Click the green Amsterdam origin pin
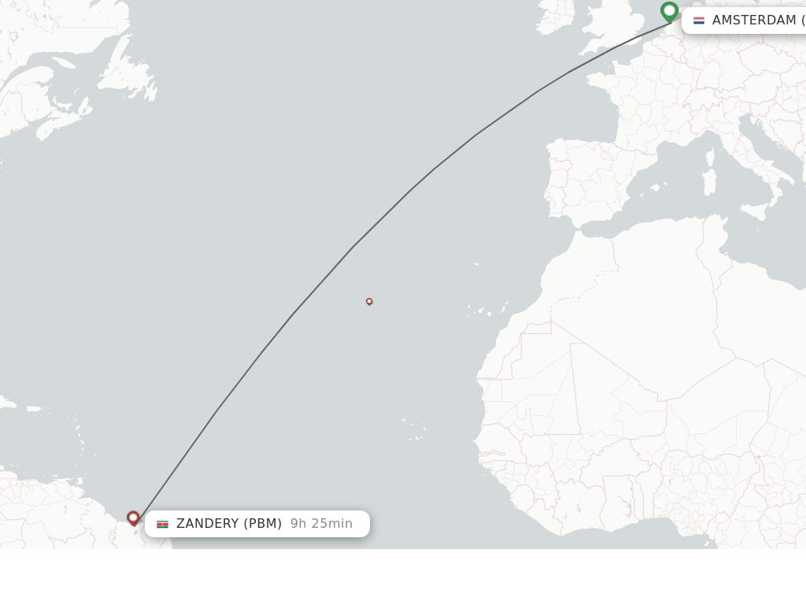click(669, 11)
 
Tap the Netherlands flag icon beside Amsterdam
click(699, 20)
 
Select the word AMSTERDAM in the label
click(754, 20)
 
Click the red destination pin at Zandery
click(133, 518)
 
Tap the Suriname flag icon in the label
click(162, 524)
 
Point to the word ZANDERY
click(207, 524)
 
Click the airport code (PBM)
click(262, 524)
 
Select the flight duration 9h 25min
click(321, 524)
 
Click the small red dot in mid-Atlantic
click(369, 301)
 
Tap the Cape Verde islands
click(413, 429)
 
